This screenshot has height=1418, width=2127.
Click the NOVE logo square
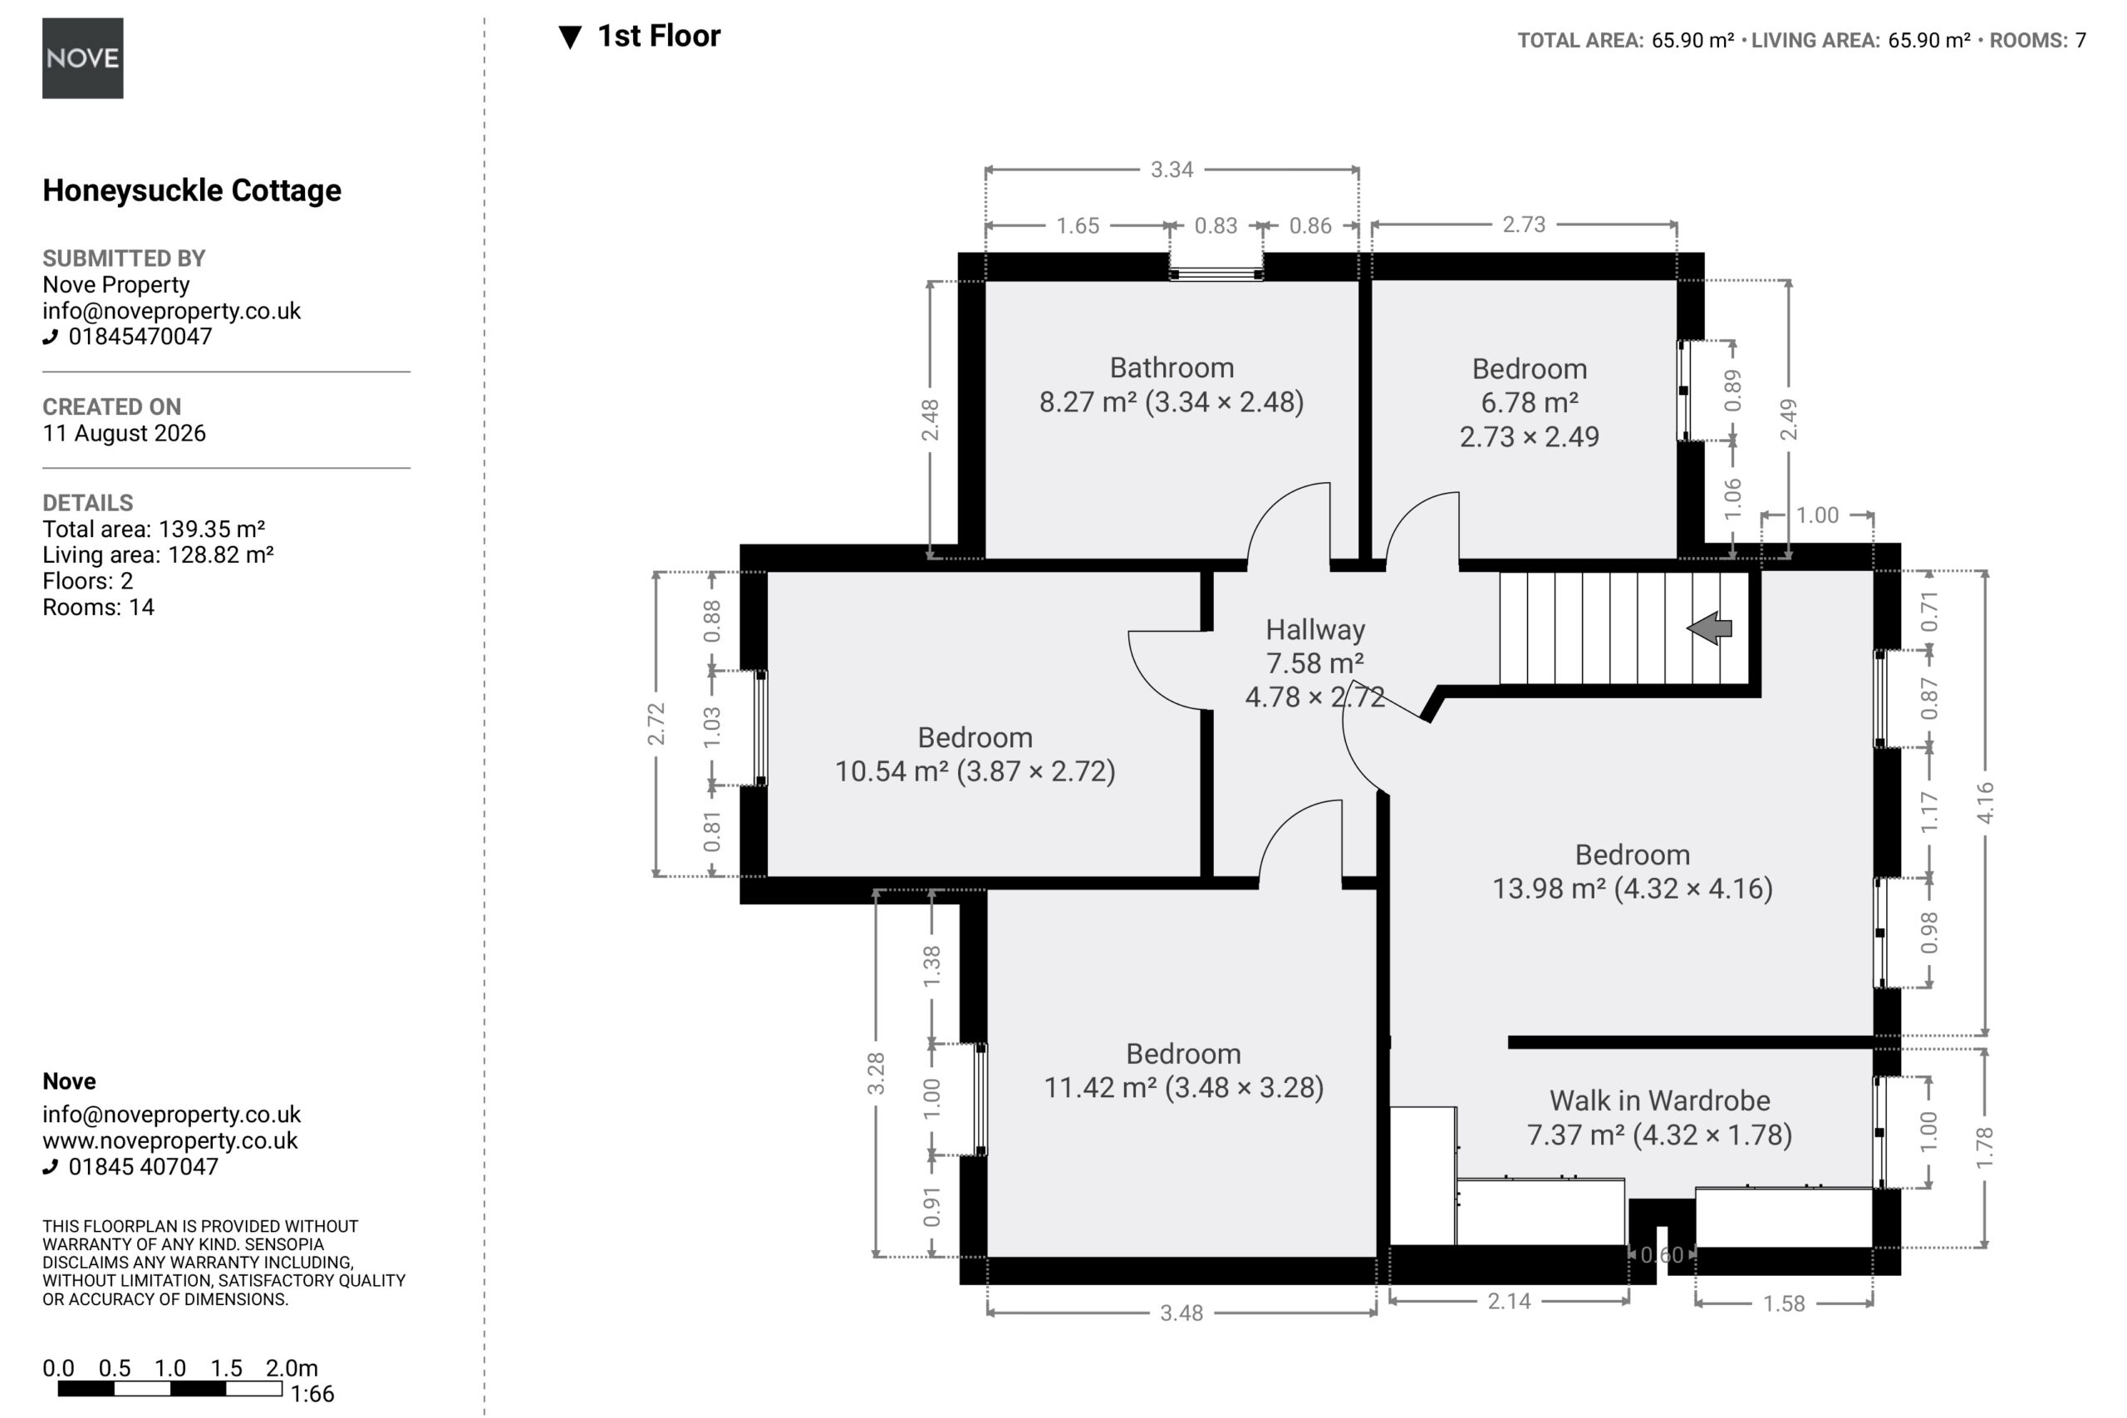pyautogui.click(x=82, y=58)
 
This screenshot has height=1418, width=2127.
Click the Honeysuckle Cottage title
pyautogui.click(x=192, y=191)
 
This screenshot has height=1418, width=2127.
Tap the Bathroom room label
pyautogui.click(x=1172, y=368)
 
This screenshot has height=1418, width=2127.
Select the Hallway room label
pyautogui.click(x=1315, y=629)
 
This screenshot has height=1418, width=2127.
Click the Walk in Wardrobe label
pyautogui.click(x=1660, y=1100)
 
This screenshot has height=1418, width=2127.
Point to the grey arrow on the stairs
pyautogui.click(x=1709, y=628)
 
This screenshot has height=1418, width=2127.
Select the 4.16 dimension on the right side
pyautogui.click(x=1985, y=802)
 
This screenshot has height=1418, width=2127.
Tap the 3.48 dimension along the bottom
pyautogui.click(x=1181, y=1312)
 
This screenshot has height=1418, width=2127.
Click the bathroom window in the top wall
pyautogui.click(x=1216, y=274)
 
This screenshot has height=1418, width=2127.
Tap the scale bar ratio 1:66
pyautogui.click(x=312, y=1394)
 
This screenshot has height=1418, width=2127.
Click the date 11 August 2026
pyautogui.click(x=124, y=433)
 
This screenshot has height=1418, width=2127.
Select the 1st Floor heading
pyautogui.click(x=659, y=37)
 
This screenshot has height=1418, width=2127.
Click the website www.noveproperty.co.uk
pyautogui.click(x=170, y=1140)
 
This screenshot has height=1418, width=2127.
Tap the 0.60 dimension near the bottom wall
pyautogui.click(x=1662, y=1254)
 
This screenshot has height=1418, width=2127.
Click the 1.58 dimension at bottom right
pyautogui.click(x=1784, y=1303)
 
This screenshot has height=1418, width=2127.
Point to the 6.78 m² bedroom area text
pyautogui.click(x=1529, y=402)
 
